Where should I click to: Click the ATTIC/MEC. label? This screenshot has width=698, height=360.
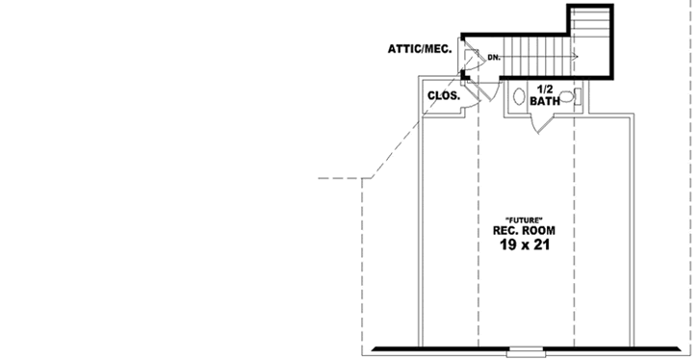[x=421, y=47]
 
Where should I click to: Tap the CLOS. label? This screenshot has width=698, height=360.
[x=444, y=96]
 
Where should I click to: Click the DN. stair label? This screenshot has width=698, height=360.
[x=494, y=58]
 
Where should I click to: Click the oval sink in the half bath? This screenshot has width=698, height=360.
[x=519, y=97]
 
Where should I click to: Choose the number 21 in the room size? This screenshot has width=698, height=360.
[x=543, y=246]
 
